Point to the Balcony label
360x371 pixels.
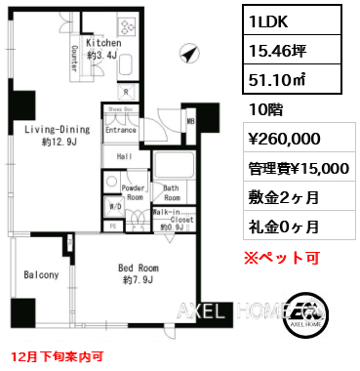(x=42, y=275)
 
